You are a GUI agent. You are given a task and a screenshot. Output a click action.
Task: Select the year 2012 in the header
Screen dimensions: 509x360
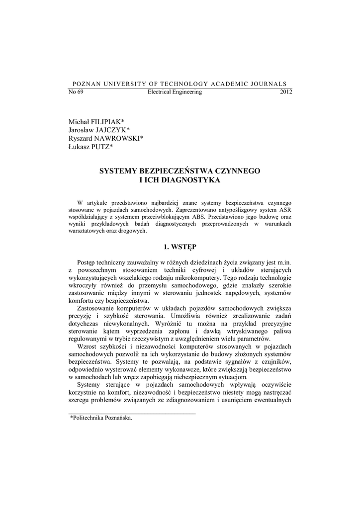tap(286, 92)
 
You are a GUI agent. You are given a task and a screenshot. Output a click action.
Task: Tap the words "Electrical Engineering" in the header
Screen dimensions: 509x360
tap(175, 92)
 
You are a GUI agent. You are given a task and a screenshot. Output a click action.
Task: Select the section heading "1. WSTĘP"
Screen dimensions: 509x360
tap(180, 246)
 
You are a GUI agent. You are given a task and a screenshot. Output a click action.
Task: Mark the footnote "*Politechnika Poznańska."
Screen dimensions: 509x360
tap(101, 419)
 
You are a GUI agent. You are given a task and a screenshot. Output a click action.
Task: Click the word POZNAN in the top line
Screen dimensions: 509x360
tap(87, 84)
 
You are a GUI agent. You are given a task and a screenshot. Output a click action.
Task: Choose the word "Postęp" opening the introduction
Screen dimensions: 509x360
tap(87, 262)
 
